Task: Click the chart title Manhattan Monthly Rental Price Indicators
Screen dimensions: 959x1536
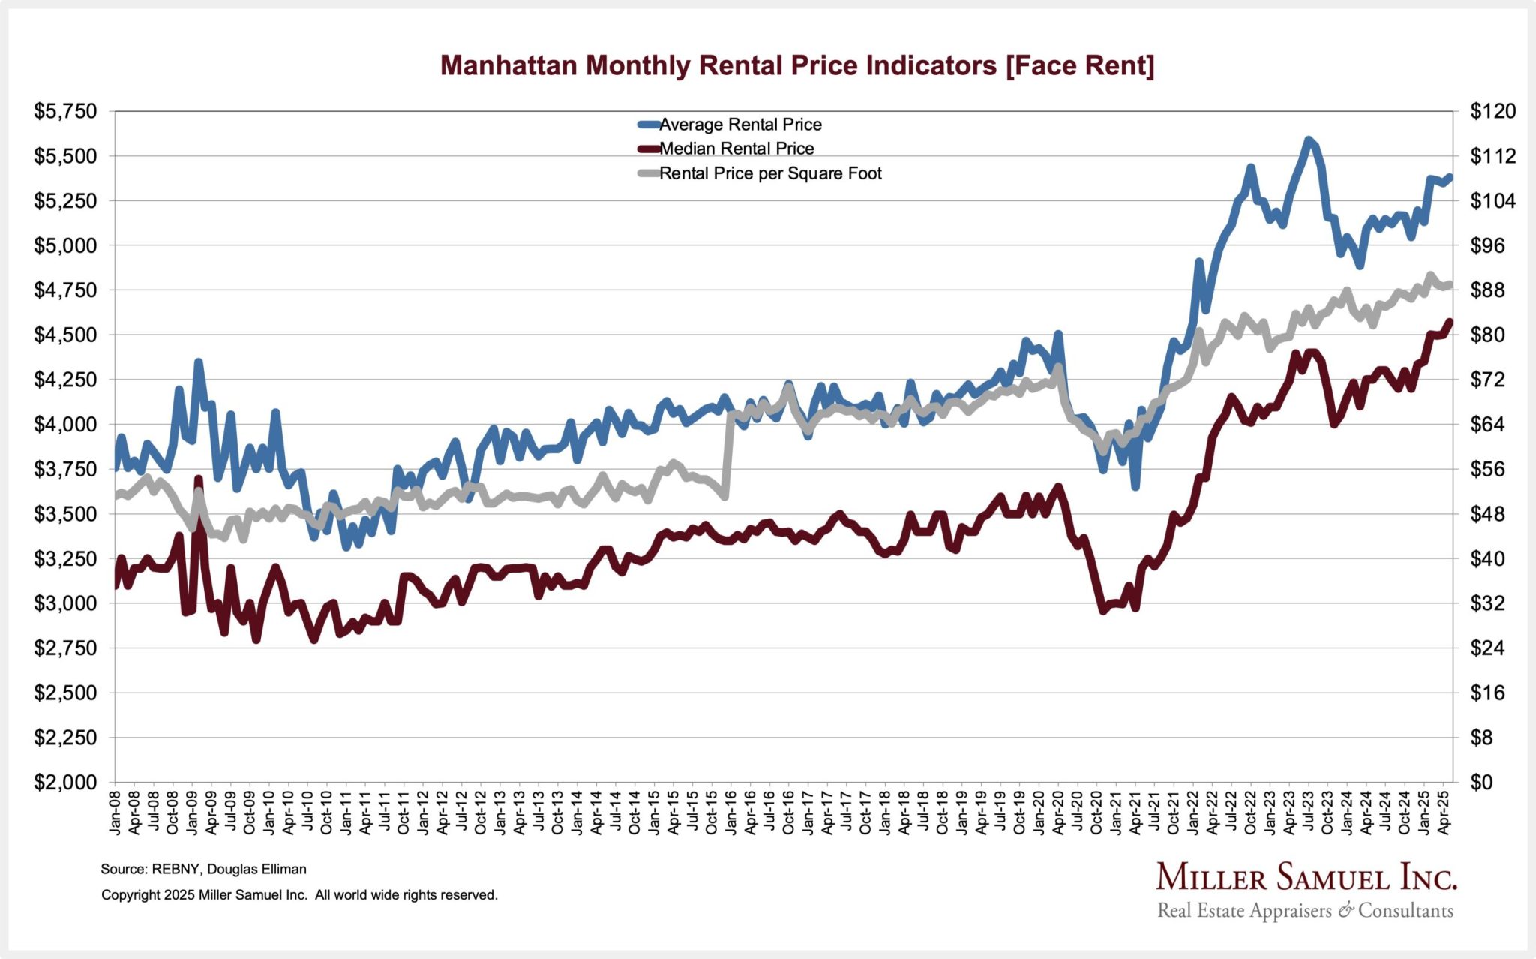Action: click(x=796, y=65)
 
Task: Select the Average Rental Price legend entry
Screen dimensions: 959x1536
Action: click(x=739, y=125)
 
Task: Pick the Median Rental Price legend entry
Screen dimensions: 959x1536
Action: click(x=736, y=149)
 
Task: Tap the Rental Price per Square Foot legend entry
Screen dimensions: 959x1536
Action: click(x=769, y=173)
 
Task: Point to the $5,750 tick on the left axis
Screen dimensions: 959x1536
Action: click(x=66, y=112)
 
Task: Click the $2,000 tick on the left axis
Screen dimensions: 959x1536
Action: click(x=66, y=782)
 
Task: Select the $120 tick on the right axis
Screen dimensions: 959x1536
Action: click(x=1492, y=112)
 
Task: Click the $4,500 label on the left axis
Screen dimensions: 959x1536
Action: click(x=66, y=335)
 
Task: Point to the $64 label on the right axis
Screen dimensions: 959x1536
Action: click(x=1487, y=425)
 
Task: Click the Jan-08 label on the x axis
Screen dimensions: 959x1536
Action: click(x=115, y=811)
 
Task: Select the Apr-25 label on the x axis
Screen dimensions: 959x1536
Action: click(x=1444, y=811)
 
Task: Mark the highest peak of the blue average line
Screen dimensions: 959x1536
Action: click(x=1308, y=140)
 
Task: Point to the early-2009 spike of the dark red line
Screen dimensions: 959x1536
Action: click(x=198, y=479)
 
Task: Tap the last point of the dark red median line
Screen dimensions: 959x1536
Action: click(x=1449, y=322)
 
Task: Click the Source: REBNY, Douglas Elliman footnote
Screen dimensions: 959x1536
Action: click(x=203, y=869)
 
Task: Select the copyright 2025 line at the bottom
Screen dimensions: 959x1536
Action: click(x=299, y=894)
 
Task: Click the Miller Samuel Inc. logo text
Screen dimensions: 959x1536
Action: click(x=1306, y=877)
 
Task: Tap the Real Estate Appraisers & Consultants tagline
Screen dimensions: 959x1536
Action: click(x=1305, y=911)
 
